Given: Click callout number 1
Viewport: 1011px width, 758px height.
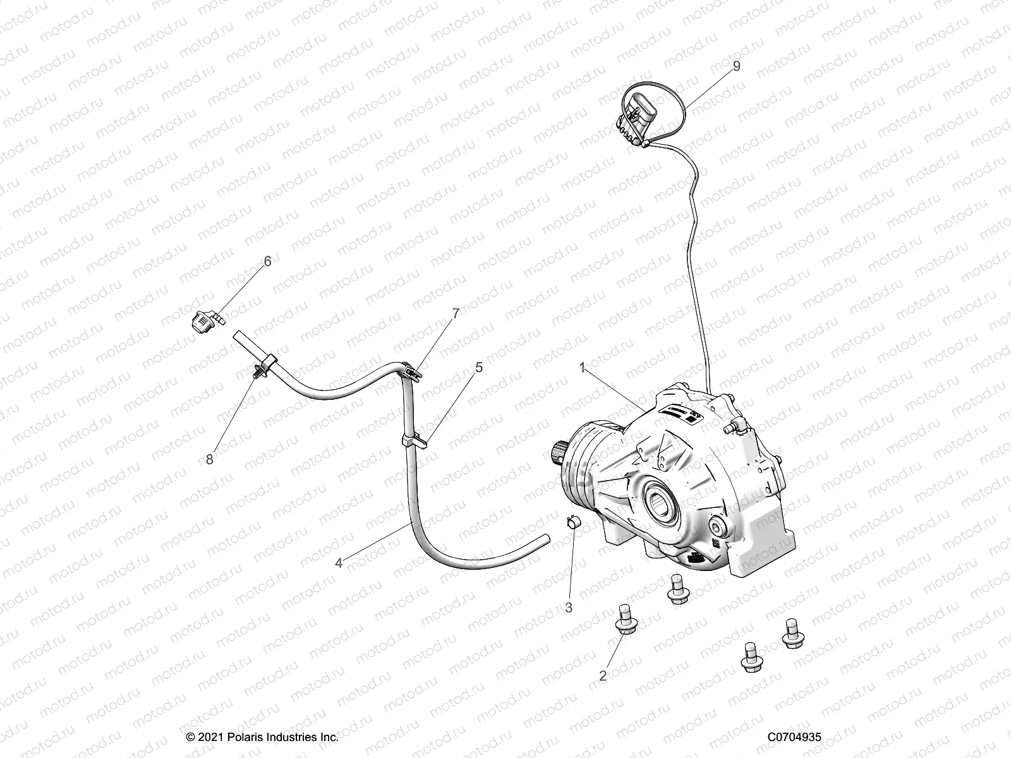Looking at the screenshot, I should click(583, 367).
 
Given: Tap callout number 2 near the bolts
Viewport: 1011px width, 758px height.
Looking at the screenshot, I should click(603, 676).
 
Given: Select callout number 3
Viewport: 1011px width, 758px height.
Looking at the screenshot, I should click(569, 608).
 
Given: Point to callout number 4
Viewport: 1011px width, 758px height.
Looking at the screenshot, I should click(339, 563).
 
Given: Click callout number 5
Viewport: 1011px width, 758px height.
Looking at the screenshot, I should click(478, 367).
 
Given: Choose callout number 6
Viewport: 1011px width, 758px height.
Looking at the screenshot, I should click(267, 261).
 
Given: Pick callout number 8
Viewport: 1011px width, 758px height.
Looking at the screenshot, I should click(210, 460).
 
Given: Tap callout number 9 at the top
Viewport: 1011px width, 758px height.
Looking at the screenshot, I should click(736, 66).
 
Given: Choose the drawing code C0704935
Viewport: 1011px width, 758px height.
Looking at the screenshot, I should click(794, 737).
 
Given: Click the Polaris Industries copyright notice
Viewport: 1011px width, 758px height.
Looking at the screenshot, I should click(262, 737).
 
